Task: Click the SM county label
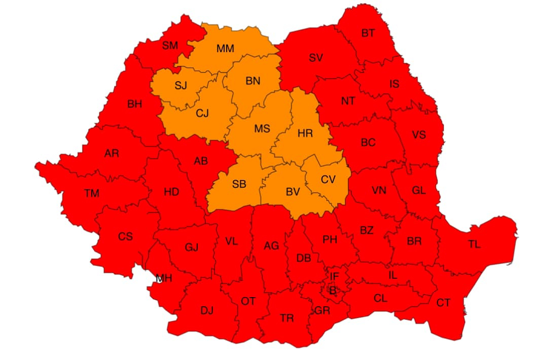tap(170, 46)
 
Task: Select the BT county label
tap(368, 33)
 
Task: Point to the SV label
tap(316, 58)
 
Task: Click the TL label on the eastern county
tap(474, 244)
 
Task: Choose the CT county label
tap(443, 303)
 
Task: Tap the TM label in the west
tap(92, 193)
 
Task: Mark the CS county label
tap(125, 237)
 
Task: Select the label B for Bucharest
tap(333, 291)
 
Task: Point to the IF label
tap(334, 277)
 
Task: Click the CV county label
tap(328, 179)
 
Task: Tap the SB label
tap(239, 185)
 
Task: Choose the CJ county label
tap(202, 114)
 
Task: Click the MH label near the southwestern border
tap(164, 278)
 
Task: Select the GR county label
tap(322, 311)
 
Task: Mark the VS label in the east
tap(419, 135)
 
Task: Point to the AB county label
tap(201, 161)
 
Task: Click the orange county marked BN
tap(252, 81)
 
